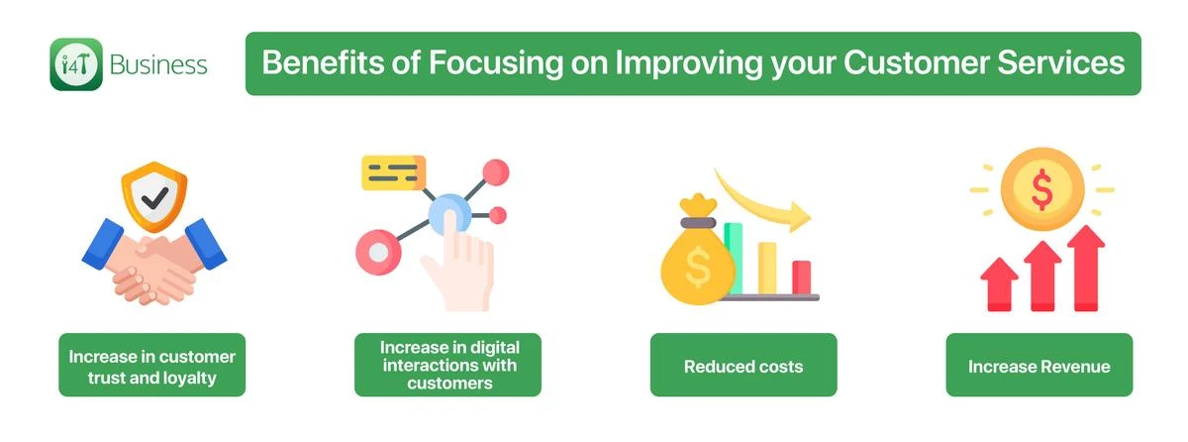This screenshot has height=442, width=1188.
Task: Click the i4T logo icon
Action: (76, 64)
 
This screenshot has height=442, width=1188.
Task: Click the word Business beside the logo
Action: (158, 65)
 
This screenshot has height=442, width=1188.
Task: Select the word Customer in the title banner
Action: (917, 62)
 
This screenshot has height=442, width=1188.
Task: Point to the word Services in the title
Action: (1061, 62)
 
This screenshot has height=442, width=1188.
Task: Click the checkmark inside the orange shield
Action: (154, 198)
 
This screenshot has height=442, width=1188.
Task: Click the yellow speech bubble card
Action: (394, 172)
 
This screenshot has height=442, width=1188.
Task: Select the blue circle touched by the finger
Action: (449, 214)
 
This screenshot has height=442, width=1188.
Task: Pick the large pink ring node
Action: (378, 252)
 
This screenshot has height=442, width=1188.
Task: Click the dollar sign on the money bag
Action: (698, 268)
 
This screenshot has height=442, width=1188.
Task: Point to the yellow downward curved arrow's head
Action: (799, 216)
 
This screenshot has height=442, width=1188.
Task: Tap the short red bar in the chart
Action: (801, 276)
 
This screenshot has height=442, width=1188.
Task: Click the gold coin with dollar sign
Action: (1042, 189)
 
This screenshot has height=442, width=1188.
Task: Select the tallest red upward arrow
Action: (1086, 268)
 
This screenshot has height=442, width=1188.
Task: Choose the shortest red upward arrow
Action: (999, 284)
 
